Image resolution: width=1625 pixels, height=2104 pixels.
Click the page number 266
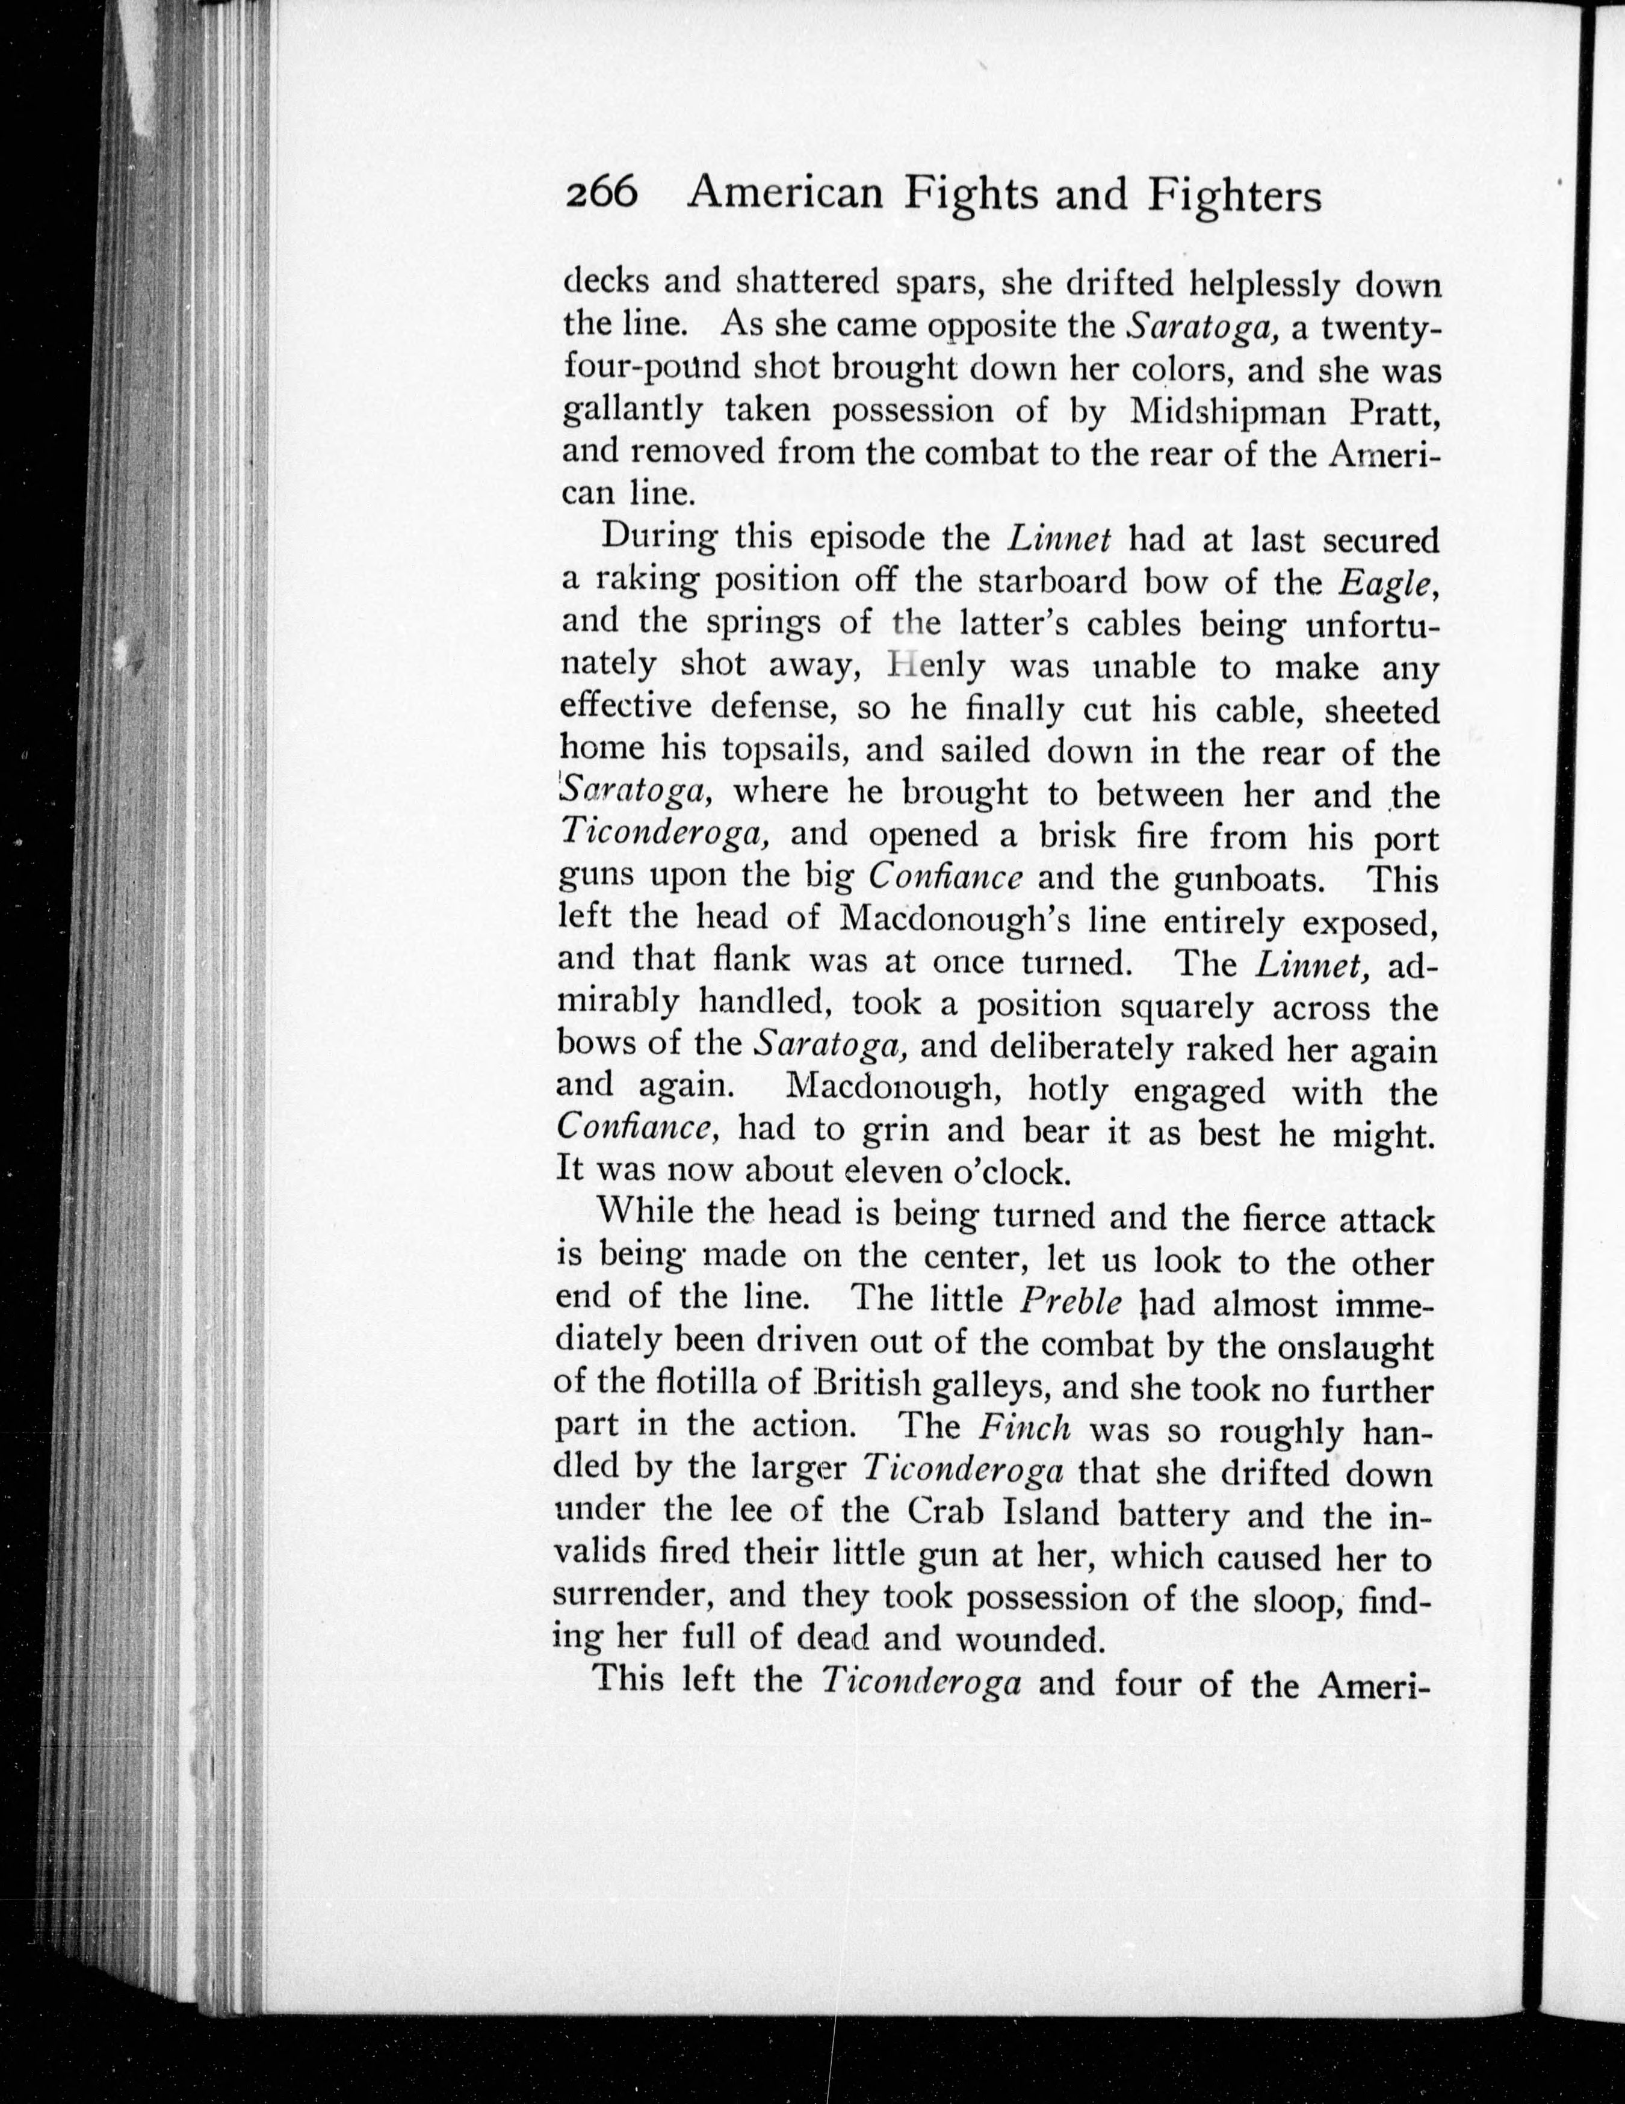pos(601,196)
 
